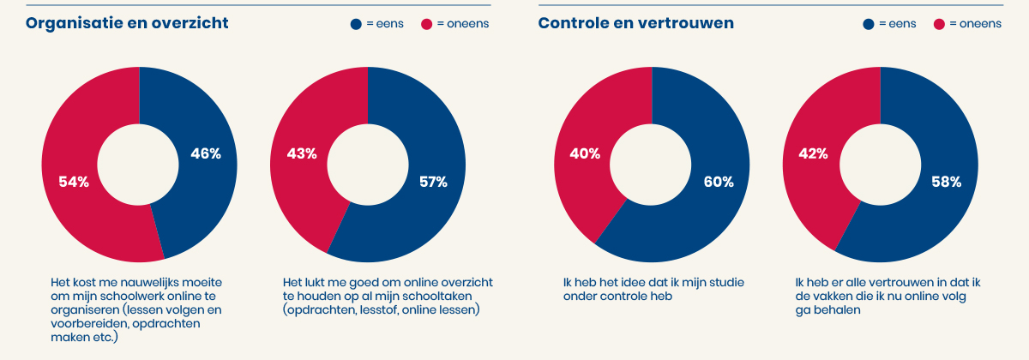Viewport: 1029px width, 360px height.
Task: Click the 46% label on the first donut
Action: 205,154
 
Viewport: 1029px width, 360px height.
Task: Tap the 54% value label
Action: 74,182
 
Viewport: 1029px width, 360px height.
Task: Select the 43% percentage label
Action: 301,154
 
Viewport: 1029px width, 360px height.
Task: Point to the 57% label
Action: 433,182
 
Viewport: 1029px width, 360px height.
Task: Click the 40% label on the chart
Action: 585,154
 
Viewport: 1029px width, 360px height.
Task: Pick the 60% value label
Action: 719,182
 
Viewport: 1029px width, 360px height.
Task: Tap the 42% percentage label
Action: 813,154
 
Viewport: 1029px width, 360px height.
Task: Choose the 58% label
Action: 946,182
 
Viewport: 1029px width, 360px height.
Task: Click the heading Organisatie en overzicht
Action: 127,23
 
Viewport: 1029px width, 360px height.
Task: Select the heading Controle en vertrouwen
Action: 635,23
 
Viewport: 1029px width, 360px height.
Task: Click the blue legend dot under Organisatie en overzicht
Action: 356,24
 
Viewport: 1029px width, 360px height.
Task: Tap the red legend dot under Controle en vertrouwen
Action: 939,24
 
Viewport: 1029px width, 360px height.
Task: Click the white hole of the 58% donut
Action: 880,165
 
